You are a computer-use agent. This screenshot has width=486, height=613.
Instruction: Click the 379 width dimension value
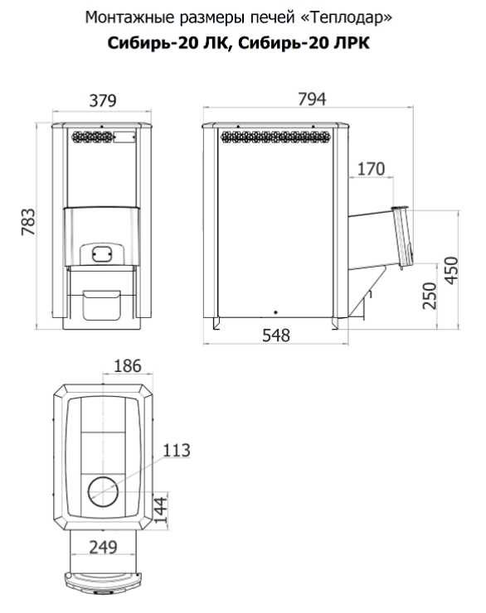tap(103, 100)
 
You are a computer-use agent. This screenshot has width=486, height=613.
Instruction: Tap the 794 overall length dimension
tap(312, 99)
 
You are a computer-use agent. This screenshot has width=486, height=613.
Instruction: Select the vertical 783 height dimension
tap(28, 222)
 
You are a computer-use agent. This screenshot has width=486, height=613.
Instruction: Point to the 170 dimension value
tap(372, 169)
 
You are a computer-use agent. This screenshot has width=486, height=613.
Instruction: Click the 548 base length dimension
tap(276, 335)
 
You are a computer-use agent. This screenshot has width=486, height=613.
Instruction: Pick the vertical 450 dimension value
tap(451, 271)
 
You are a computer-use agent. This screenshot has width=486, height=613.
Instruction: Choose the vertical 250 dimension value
tap(430, 296)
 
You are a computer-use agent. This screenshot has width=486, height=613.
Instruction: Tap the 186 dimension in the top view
tap(128, 366)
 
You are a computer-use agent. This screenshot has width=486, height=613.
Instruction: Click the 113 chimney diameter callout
tap(177, 451)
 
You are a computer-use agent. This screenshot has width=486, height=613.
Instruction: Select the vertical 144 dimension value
tap(160, 510)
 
